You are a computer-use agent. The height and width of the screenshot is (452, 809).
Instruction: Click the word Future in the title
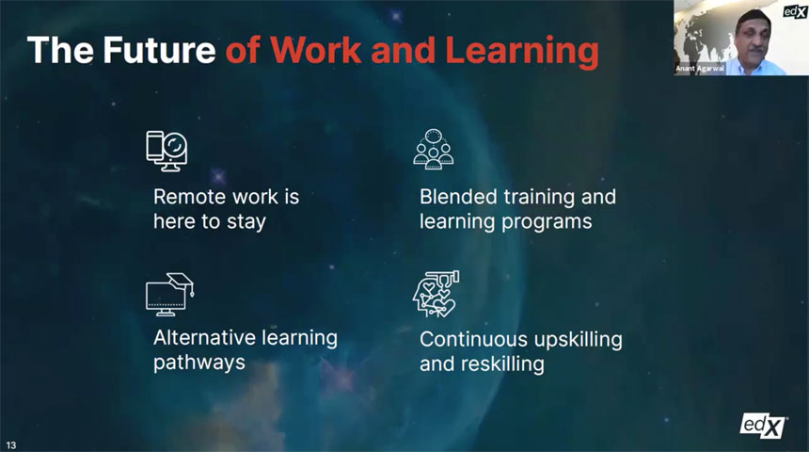159,50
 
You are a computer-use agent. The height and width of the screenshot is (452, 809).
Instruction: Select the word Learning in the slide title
522,53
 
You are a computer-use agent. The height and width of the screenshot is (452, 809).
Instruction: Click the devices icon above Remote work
167,151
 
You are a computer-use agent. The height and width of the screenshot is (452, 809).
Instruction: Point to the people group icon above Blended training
434,150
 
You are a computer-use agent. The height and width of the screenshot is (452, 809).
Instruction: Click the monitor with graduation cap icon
169,294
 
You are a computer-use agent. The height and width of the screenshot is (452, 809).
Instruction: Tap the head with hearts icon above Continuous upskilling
436,294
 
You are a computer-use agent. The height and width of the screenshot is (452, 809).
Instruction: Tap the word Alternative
205,338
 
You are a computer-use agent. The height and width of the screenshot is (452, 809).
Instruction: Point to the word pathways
199,363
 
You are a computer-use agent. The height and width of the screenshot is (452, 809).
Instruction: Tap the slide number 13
11,445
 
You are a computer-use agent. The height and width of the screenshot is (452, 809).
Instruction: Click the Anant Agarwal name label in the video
700,69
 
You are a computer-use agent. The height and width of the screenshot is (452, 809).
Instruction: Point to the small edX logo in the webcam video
795,11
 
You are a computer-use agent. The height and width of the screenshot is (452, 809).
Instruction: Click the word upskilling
578,341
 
